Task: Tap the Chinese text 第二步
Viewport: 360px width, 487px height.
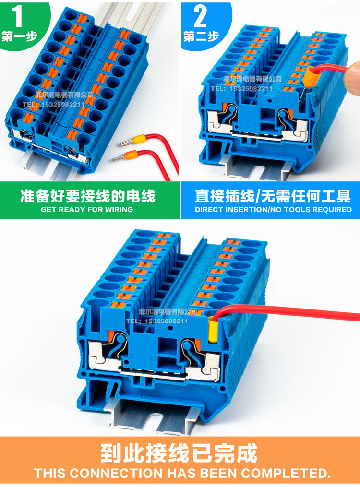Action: (201, 36)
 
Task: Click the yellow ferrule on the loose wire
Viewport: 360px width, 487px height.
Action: (139, 140)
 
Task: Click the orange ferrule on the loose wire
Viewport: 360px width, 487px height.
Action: (129, 155)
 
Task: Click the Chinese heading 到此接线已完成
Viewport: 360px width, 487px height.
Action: (179, 453)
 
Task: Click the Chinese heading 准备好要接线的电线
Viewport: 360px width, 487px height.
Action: (88, 196)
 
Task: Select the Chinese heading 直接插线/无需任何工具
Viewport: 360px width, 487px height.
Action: (273, 196)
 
